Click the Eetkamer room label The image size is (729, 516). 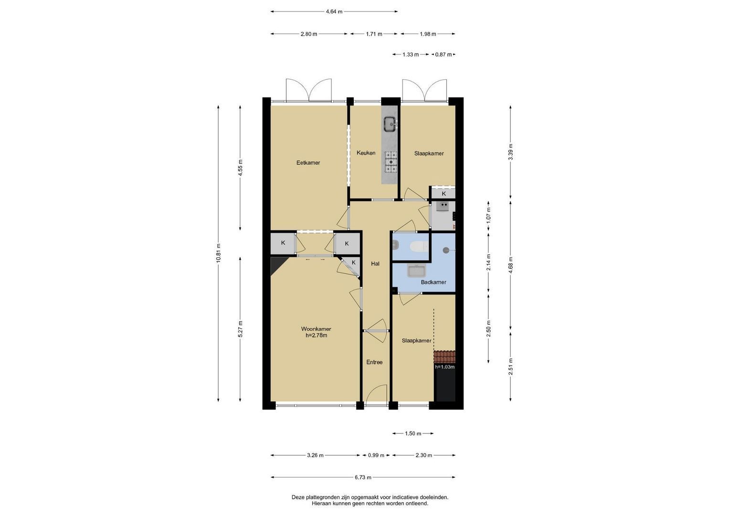tap(308, 162)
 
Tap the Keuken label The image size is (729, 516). tap(366, 153)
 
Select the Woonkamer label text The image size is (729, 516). tap(316, 329)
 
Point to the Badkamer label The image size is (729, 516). tap(433, 282)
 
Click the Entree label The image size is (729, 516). tap(374, 362)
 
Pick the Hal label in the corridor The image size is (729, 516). tap(375, 264)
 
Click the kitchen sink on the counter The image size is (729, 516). tap(390, 124)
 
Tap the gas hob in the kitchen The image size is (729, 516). tap(391, 161)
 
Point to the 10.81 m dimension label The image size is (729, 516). tap(218, 253)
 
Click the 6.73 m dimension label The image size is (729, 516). tap(363, 477)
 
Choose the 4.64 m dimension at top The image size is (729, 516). tap(334, 12)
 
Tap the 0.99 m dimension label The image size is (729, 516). tap(376, 455)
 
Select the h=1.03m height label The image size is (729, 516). tap(445, 367)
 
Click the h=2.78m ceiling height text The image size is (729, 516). tap(317, 335)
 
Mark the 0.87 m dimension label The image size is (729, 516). tap(443, 54)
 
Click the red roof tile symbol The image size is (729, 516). tap(444, 356)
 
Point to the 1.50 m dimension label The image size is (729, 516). tap(413, 433)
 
